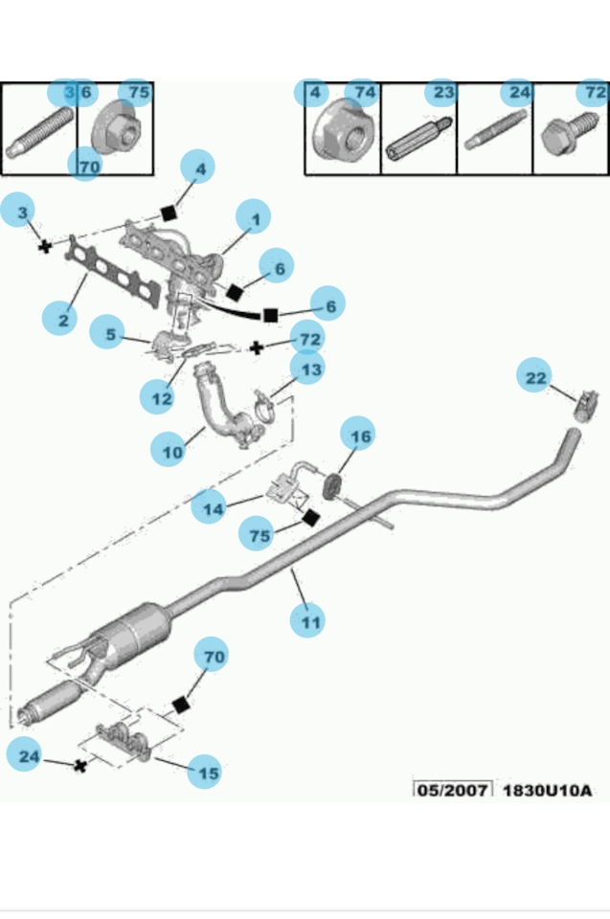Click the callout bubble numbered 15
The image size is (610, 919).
[x=205, y=772]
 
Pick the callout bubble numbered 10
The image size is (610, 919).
[x=169, y=450]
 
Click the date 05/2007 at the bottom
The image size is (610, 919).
[x=453, y=790]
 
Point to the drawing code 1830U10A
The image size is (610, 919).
[x=547, y=790]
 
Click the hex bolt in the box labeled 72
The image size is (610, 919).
[x=569, y=135]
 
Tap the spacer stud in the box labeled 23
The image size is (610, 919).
[x=418, y=139]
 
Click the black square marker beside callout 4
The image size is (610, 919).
[x=169, y=213]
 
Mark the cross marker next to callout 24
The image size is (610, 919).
[x=81, y=766]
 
